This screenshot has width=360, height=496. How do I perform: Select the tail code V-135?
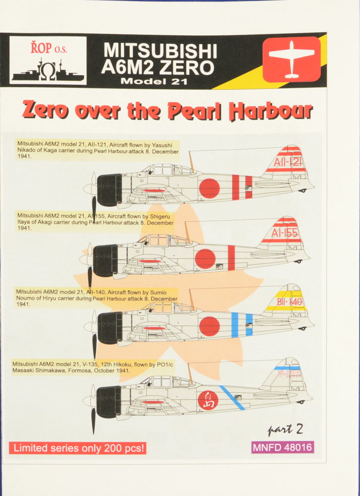point(288,373)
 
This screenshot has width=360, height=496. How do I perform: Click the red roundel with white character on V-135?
point(207,400)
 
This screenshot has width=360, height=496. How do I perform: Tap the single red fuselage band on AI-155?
point(231,258)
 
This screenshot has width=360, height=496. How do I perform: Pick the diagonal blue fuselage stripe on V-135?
point(232,398)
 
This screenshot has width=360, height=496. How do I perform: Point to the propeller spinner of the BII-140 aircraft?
point(88,326)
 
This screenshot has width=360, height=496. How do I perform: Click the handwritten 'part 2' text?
point(286,429)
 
